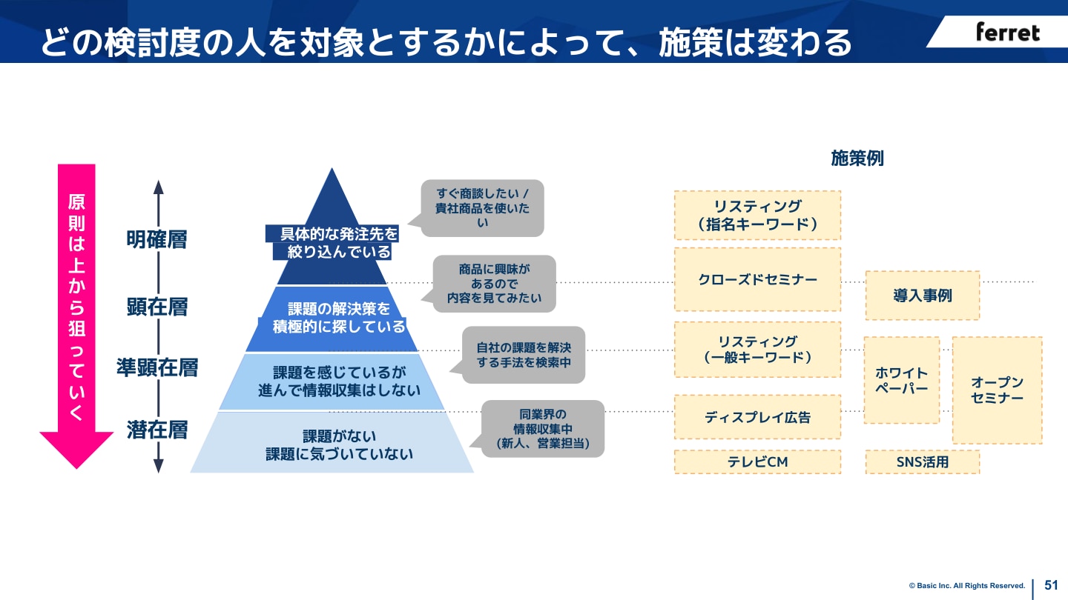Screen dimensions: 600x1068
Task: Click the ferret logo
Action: point(1007,32)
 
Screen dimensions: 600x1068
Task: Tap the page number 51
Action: point(1051,584)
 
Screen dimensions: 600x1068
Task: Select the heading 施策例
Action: point(857,159)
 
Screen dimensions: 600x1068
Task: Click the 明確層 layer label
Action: point(156,239)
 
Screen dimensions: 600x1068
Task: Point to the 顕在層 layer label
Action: point(156,307)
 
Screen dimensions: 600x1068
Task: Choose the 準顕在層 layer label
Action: point(156,367)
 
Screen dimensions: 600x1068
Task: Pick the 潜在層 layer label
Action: point(156,430)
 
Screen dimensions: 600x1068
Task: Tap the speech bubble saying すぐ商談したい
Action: point(483,208)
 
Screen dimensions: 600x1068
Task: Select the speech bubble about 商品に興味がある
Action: point(494,284)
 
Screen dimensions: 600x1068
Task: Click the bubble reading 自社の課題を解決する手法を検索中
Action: point(524,355)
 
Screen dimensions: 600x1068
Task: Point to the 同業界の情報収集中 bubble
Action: point(543,428)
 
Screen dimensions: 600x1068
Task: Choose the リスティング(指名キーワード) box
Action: point(757,215)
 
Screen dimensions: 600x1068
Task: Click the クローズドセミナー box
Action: point(757,279)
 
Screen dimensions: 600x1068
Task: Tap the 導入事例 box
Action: point(922,296)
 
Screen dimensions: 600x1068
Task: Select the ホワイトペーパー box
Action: point(901,380)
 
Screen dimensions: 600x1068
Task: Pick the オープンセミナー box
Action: point(997,390)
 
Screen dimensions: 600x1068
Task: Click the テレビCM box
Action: point(757,462)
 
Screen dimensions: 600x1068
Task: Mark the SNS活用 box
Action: point(922,462)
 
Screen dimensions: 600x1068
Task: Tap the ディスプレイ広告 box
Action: point(757,417)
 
